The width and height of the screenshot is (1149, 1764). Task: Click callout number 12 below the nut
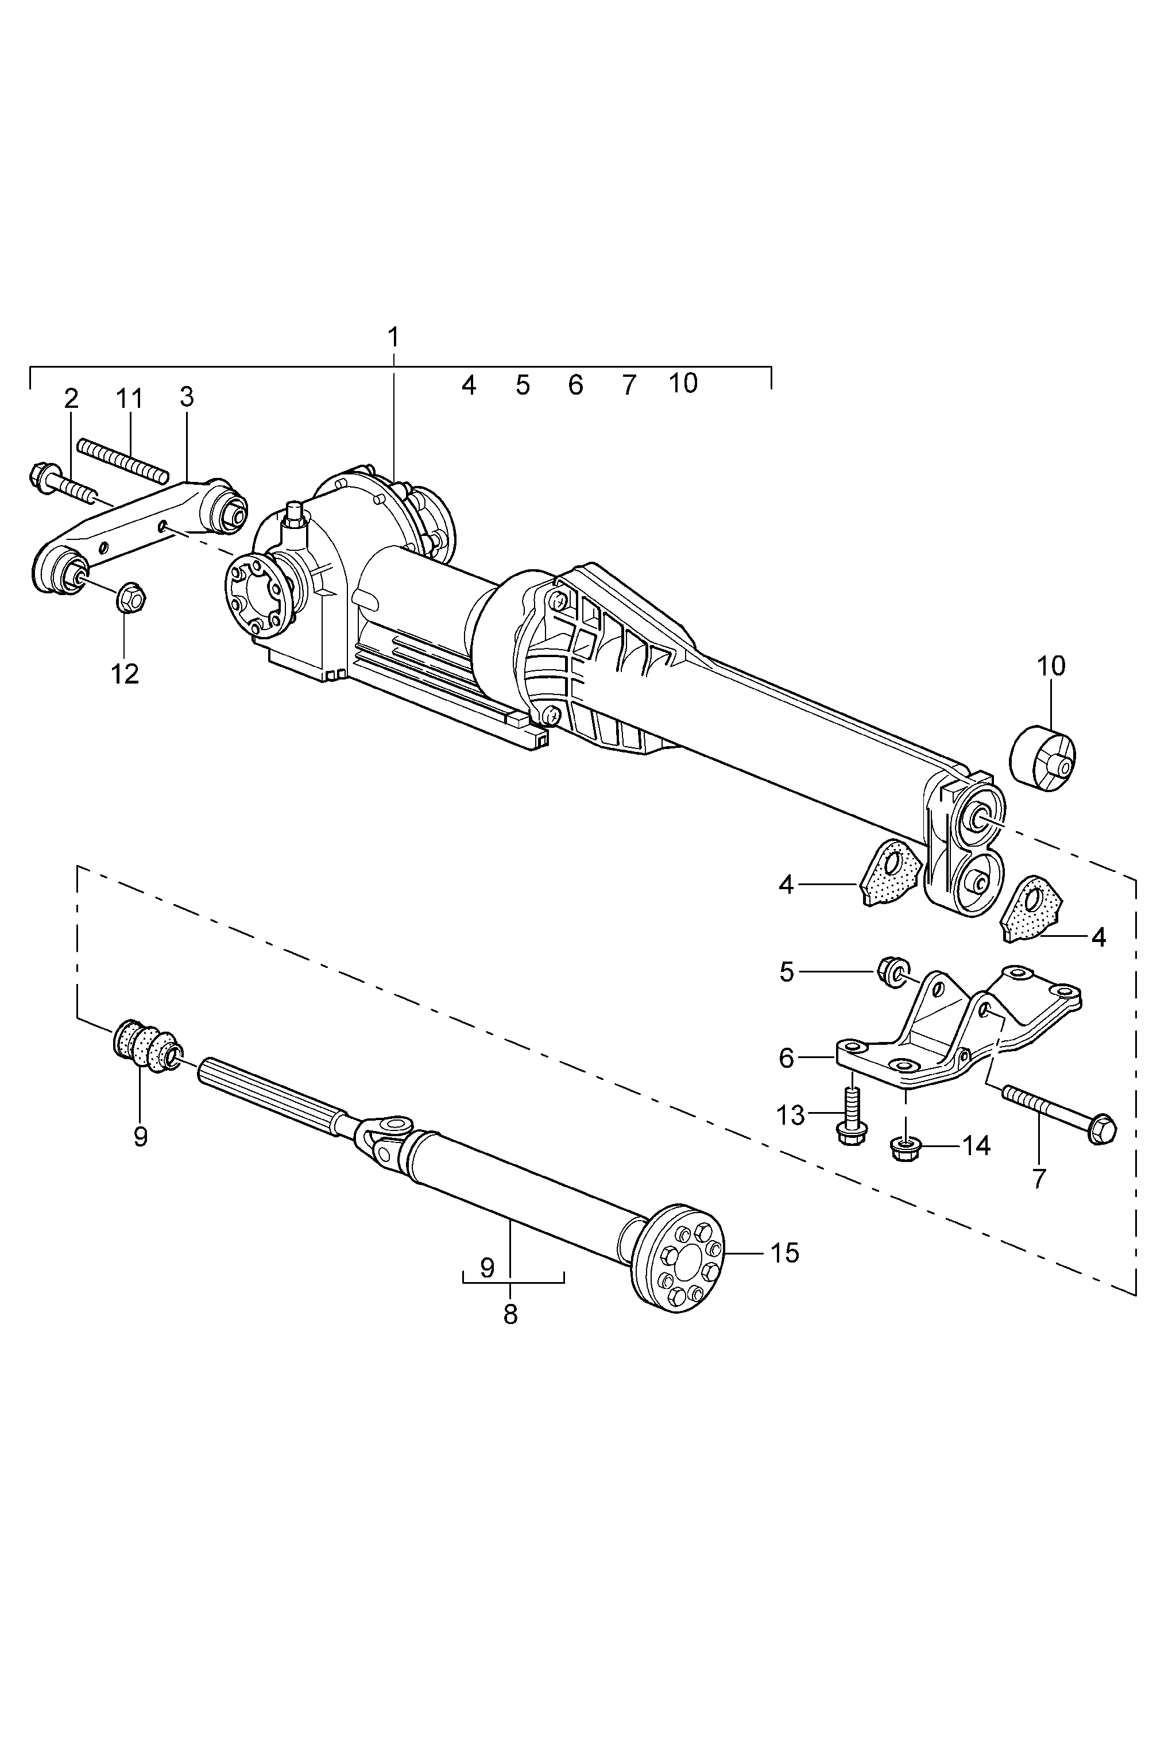(125, 674)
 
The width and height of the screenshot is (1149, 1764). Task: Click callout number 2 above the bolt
(71, 399)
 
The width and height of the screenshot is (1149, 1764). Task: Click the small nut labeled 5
(892, 971)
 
